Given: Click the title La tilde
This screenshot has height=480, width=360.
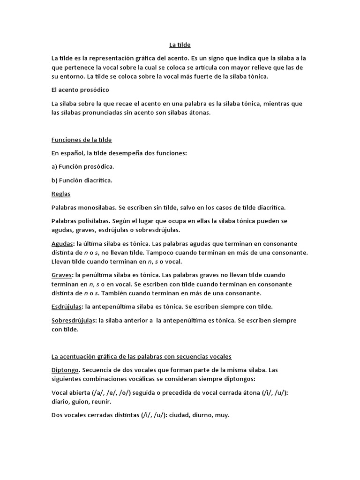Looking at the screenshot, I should pyautogui.click(x=180, y=45).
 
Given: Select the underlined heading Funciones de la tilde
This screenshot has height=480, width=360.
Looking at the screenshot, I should pyautogui.click(x=82, y=140).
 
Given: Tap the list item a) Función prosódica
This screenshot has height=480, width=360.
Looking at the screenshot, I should pyautogui.click(x=82, y=166).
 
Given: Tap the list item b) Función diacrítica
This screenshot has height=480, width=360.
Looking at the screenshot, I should pyautogui.click(x=82, y=180).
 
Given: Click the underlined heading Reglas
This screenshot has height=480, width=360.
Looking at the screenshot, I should pyautogui.click(x=61, y=193).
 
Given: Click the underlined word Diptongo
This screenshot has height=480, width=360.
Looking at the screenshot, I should pyautogui.click(x=65, y=370).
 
